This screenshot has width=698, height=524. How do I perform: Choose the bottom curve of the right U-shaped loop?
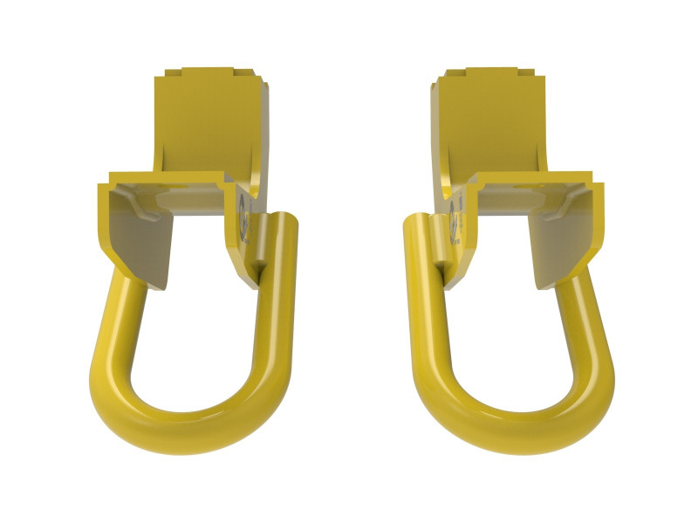(x=510, y=419)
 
